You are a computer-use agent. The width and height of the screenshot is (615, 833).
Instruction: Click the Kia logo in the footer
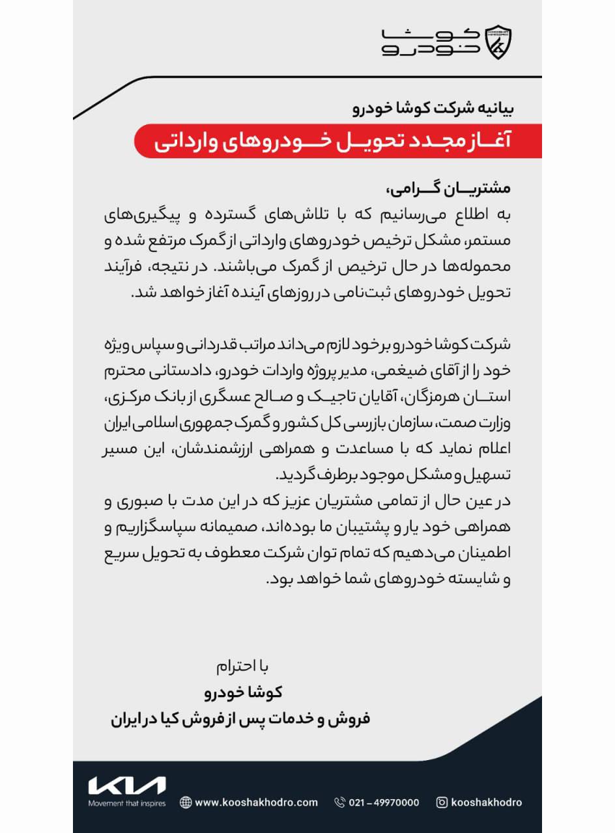tap(127, 785)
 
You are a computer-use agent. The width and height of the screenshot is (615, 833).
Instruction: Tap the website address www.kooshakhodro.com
tap(256, 802)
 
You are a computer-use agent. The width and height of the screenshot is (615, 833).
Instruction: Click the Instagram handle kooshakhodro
tap(486, 802)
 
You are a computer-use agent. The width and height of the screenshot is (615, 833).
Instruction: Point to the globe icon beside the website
tap(186, 802)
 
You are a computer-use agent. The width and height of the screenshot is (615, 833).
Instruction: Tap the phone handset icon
tap(339, 802)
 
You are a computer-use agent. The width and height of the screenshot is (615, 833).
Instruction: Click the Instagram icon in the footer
tap(442, 802)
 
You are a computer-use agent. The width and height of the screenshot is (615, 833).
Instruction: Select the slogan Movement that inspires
tap(127, 803)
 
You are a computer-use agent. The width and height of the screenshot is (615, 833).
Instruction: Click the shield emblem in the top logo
tap(500, 42)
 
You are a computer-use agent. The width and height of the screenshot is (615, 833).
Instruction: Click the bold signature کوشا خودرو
tap(251, 693)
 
